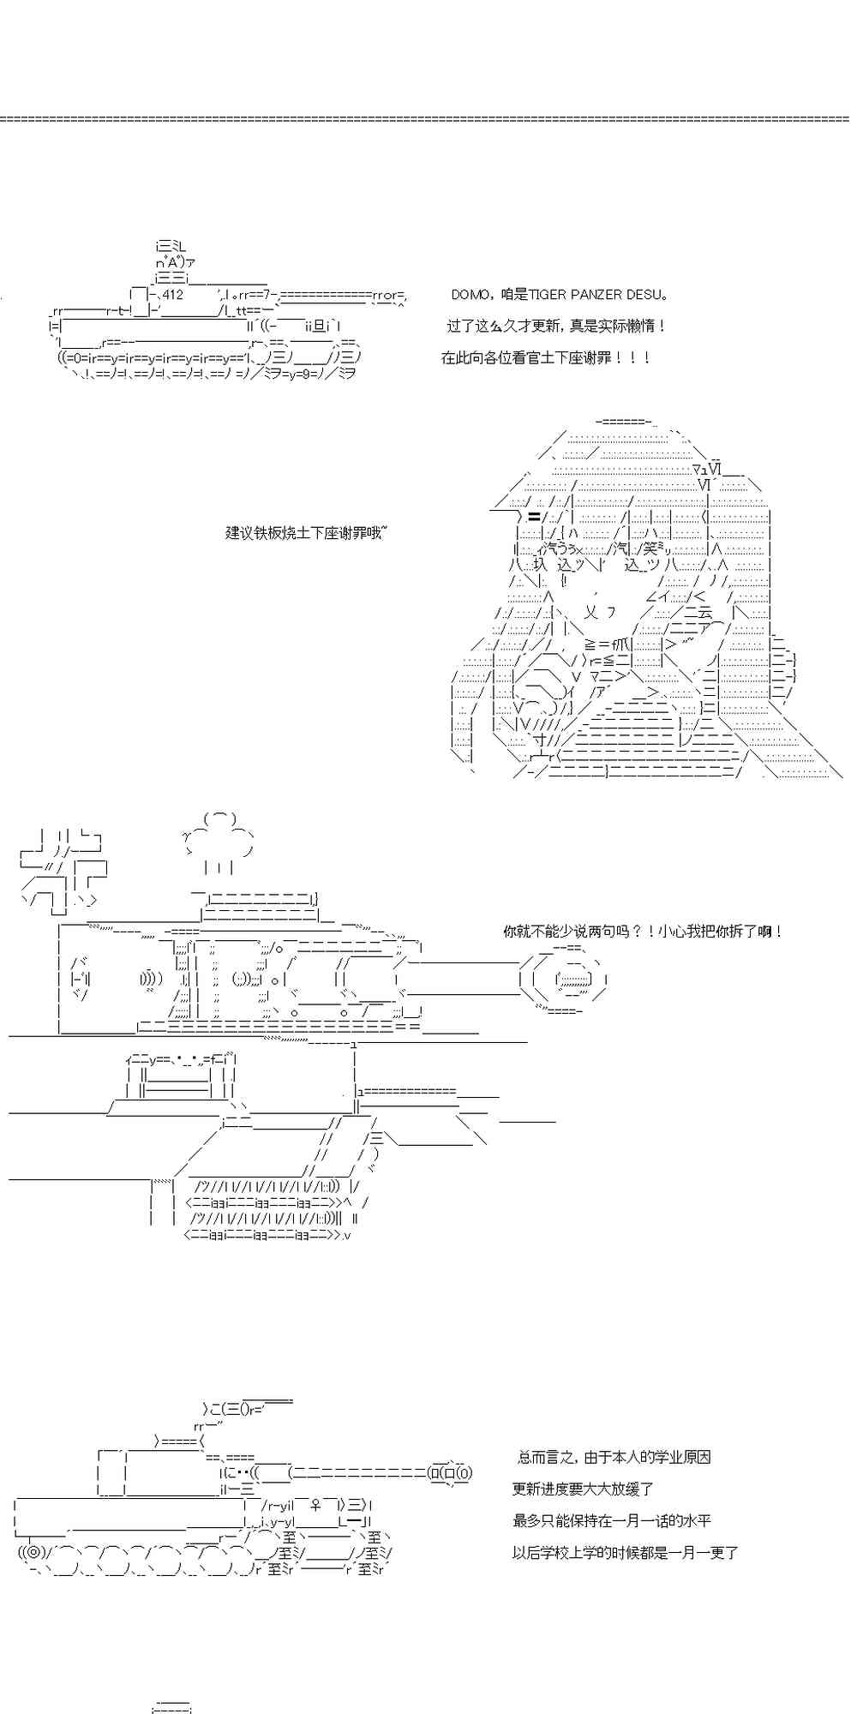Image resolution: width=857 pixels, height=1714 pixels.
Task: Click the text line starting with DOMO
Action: tap(559, 295)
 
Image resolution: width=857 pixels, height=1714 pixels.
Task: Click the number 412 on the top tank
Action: tap(172, 295)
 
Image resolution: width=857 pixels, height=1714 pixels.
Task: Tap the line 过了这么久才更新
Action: tap(555, 327)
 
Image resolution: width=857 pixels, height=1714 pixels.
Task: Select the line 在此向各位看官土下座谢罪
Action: tap(546, 358)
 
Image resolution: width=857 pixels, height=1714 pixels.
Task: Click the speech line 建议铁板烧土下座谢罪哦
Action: tap(306, 532)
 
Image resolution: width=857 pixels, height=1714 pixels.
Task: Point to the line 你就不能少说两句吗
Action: tap(643, 932)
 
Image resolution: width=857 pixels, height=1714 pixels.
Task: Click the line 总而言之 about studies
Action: tap(614, 1457)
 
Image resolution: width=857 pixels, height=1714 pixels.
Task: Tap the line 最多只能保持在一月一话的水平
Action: tap(611, 1520)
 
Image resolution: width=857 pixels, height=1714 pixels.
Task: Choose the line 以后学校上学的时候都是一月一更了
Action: tap(625, 1552)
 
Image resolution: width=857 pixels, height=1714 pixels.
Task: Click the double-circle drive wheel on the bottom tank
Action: tap(33, 1552)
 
